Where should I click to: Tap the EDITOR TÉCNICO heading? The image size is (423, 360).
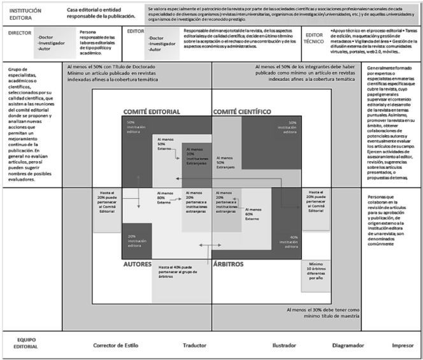tap(313, 38)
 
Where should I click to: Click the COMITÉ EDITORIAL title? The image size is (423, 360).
tap(151, 112)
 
